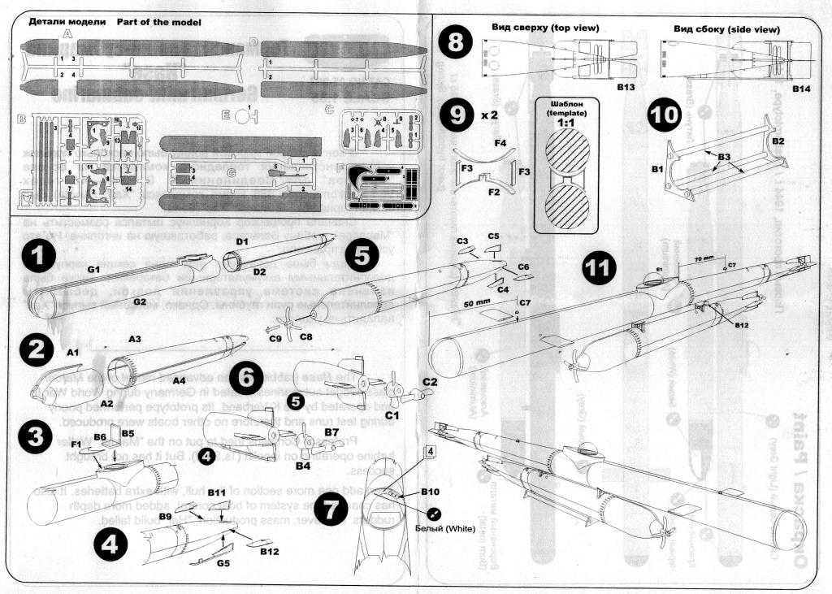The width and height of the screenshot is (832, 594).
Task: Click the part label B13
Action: [624, 85]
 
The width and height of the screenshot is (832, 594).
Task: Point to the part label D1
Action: [241, 241]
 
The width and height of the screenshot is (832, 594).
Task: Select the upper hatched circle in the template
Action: [567, 152]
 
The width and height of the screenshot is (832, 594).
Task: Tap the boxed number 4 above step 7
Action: [431, 451]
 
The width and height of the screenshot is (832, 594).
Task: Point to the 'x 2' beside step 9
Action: [489, 115]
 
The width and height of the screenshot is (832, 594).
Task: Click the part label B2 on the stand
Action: [777, 141]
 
